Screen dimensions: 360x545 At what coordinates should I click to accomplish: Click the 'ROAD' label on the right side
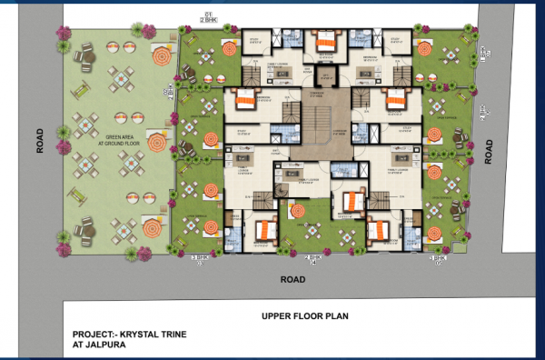click(489, 150)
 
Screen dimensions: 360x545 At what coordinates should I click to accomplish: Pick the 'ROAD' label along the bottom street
click(292, 280)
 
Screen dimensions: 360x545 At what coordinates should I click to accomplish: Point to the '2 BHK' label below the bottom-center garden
click(314, 262)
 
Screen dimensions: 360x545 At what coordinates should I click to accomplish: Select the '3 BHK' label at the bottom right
click(439, 261)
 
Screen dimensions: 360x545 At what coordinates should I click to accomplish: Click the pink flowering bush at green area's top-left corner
click(64, 35)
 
